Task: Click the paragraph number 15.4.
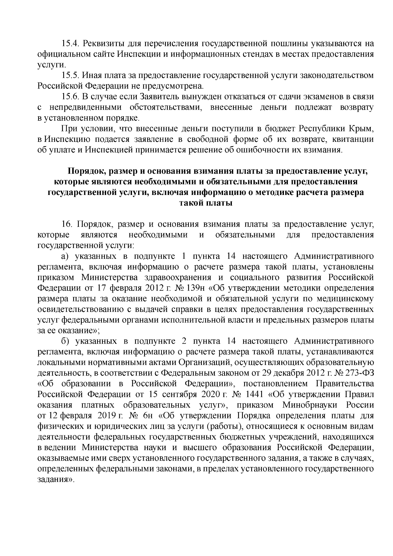click(x=70, y=44)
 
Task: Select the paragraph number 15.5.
click(x=70, y=76)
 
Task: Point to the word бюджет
click(x=277, y=129)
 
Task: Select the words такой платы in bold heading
click(x=206, y=203)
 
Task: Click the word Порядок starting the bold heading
click(x=86, y=171)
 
